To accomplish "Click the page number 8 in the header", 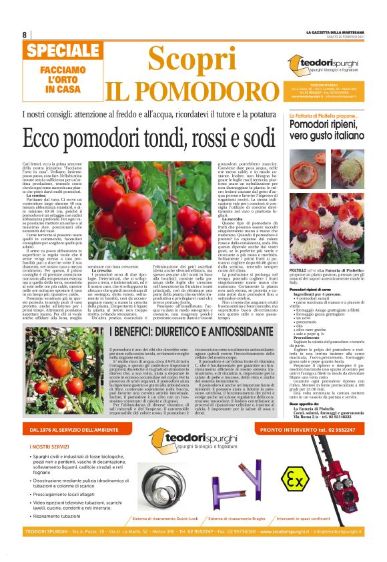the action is [x=25, y=35].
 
